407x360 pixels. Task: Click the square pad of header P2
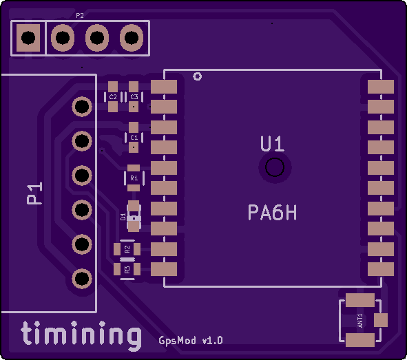tap(28, 38)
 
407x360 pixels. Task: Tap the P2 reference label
tap(80, 16)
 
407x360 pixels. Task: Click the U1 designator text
tap(272, 144)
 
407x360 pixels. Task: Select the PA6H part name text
tap(272, 213)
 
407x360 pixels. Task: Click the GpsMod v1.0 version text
tap(191, 340)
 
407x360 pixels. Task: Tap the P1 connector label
tap(34, 193)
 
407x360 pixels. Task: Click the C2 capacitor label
tap(113, 97)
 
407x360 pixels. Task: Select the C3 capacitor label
tap(134, 97)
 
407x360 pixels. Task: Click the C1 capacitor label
tap(134, 138)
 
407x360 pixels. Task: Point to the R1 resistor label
tap(134, 178)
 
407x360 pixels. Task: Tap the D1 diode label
tap(123, 217)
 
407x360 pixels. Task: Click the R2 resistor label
tap(127, 249)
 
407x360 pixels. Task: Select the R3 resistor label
tap(127, 270)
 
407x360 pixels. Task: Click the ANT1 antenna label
tap(360, 321)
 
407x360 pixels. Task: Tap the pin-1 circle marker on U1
tap(198, 76)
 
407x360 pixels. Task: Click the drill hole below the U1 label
tap(275, 167)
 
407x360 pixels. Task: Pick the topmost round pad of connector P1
tap(82, 106)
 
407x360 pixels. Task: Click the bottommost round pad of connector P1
tap(82, 279)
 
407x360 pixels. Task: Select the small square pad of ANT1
tap(381, 320)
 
